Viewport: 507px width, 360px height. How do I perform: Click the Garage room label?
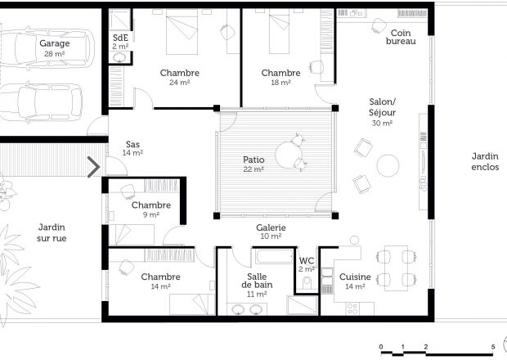pyautogui.click(x=54, y=43)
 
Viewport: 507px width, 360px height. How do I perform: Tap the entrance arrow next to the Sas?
pyautogui.click(x=94, y=167)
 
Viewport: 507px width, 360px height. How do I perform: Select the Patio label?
pyautogui.click(x=253, y=160)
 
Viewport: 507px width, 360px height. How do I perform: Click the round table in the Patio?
pyautogui.click(x=289, y=155)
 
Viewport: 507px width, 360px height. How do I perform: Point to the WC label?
pyautogui.click(x=306, y=261)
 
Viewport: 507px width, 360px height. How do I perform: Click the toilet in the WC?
pyautogui.click(x=306, y=283)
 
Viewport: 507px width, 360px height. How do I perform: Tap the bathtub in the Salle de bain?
pyautogui.click(x=274, y=257)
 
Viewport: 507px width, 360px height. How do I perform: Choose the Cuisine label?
pyautogui.click(x=355, y=277)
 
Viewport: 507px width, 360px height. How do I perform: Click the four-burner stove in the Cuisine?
pyautogui.click(x=352, y=308)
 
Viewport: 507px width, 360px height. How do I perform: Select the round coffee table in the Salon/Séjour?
pyautogui.click(x=388, y=165)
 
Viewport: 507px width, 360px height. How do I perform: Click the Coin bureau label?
pyautogui.click(x=401, y=37)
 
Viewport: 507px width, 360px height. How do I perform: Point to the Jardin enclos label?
pyautogui.click(x=485, y=162)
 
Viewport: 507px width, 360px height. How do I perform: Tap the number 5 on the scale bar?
pyautogui.click(x=493, y=347)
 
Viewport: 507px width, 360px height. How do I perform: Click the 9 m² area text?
pyautogui.click(x=151, y=214)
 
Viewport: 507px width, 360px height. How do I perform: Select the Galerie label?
pyautogui.click(x=271, y=227)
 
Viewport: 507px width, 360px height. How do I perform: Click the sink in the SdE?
pyautogui.click(x=120, y=57)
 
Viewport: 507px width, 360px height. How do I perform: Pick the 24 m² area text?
pyautogui.click(x=179, y=83)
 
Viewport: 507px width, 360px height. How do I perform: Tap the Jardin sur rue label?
pyautogui.click(x=52, y=232)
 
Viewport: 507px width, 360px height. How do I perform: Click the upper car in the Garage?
pyautogui.click(x=47, y=49)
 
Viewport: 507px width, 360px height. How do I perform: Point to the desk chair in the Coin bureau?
pyautogui.click(x=379, y=25)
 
